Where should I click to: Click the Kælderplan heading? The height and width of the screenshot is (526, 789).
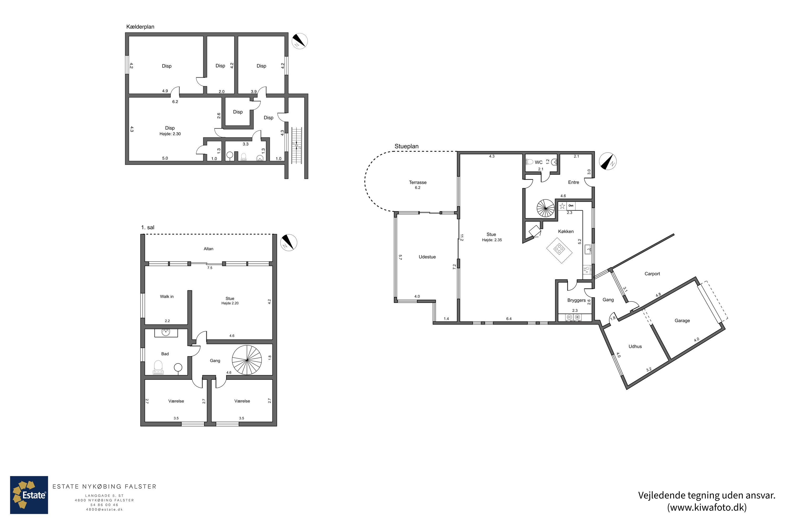[140, 27]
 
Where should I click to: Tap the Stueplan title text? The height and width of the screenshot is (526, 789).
[406, 146]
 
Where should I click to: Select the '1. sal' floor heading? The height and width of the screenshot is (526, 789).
[148, 227]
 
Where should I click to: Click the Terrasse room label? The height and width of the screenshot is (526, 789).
[418, 183]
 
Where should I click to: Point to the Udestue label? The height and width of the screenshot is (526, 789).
[427, 257]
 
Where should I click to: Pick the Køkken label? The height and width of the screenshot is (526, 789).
[566, 231]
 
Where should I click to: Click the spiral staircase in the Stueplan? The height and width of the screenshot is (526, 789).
[545, 208]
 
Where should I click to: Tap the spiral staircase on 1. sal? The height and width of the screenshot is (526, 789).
[247, 360]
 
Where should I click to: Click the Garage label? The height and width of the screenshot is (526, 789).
[682, 321]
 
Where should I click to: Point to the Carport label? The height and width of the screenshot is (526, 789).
[652, 274]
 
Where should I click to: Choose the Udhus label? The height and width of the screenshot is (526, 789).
[635, 347]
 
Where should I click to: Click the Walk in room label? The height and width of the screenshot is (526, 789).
[167, 297]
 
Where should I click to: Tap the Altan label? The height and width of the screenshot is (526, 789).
[208, 249]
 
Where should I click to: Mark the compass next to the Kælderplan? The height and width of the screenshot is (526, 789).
[299, 41]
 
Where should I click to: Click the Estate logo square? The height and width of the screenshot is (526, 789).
[29, 495]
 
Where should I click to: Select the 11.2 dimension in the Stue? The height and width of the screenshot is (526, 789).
[462, 238]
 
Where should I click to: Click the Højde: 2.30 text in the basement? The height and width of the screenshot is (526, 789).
[170, 134]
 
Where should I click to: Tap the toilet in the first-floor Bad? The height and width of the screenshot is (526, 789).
[158, 368]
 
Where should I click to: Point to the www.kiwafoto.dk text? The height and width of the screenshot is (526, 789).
[707, 508]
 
